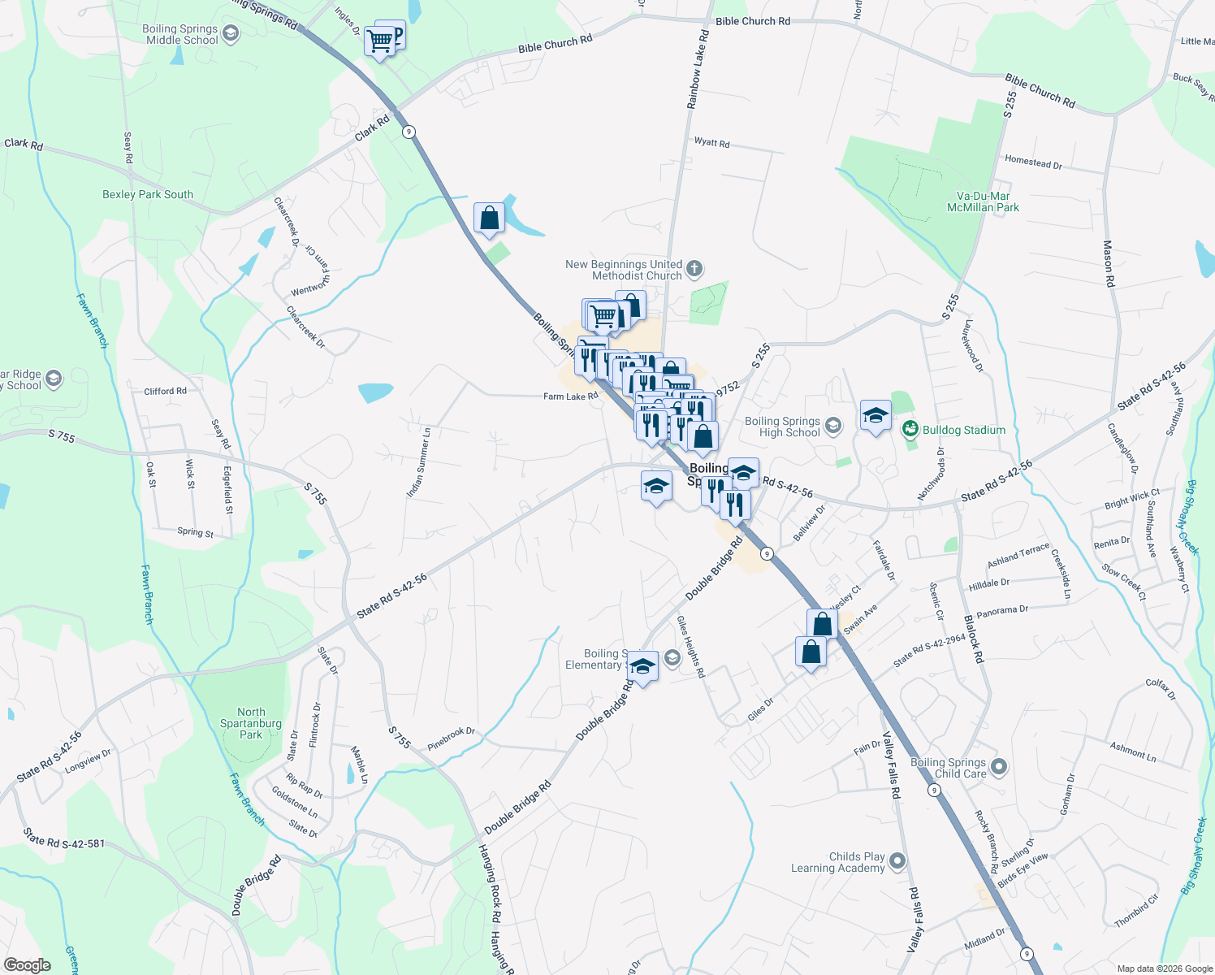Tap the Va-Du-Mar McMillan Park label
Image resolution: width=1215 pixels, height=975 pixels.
(x=983, y=201)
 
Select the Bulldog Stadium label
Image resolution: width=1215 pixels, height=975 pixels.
(x=963, y=430)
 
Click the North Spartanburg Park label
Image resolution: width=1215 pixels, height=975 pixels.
(x=251, y=723)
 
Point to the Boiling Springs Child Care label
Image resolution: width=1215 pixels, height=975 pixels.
(x=949, y=768)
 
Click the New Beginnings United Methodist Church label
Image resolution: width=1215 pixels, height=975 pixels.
(x=624, y=270)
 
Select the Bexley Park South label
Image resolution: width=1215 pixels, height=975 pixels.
(x=148, y=194)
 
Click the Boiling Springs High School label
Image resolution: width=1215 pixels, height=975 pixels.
(x=782, y=427)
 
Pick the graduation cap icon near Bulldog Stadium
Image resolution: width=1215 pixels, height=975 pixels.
(x=875, y=416)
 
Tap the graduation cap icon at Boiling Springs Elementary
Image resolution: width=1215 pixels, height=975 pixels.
(x=642, y=667)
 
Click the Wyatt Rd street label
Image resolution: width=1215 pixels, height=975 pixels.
(x=711, y=142)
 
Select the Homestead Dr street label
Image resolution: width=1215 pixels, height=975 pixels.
(x=1033, y=162)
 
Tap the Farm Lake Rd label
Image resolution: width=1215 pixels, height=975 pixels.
(x=570, y=396)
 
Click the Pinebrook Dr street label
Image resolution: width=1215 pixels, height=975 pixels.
(x=451, y=738)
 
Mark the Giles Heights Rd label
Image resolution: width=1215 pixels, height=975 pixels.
(x=690, y=647)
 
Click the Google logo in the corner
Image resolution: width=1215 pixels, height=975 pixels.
(x=28, y=965)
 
